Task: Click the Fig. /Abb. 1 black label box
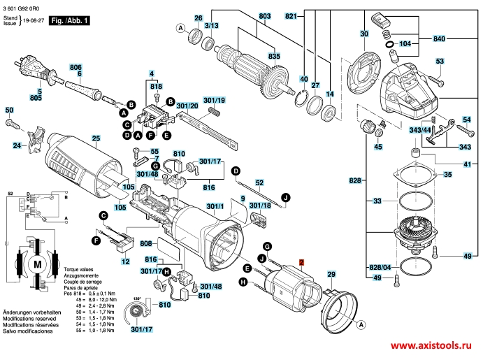point(71,22)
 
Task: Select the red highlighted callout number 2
point(301,264)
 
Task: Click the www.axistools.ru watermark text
point(431,347)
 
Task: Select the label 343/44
point(439,130)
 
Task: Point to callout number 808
point(146,244)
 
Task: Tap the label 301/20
point(187,106)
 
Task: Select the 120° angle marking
point(137,298)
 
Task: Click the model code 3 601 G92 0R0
point(27,6)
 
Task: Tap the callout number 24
point(16,147)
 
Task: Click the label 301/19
point(214,101)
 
